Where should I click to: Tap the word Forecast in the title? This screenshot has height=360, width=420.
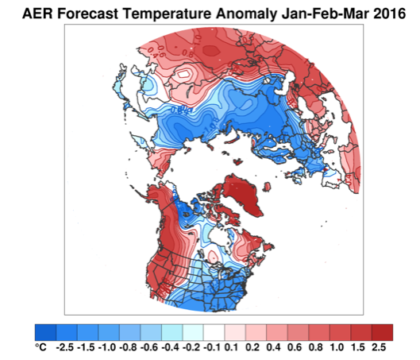[87, 14]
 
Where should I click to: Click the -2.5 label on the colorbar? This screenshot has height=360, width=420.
[64, 347]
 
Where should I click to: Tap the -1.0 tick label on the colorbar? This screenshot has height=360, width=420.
[106, 347]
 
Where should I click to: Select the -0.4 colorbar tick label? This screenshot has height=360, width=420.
[170, 347]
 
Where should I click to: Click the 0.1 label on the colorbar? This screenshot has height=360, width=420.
[231, 347]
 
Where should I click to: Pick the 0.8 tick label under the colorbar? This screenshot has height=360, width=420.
[315, 347]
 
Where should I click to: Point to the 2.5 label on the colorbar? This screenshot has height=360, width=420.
[379, 347]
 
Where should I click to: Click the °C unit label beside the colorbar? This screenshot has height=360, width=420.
[40, 347]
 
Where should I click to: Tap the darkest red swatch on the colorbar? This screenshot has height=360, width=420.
[382, 332]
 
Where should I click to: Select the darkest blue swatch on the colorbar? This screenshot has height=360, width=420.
[45, 332]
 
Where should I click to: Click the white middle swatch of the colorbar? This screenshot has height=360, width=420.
[214, 332]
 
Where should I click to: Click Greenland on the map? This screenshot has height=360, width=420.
[241, 194]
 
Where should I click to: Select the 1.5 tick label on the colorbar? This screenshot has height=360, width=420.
[357, 347]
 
